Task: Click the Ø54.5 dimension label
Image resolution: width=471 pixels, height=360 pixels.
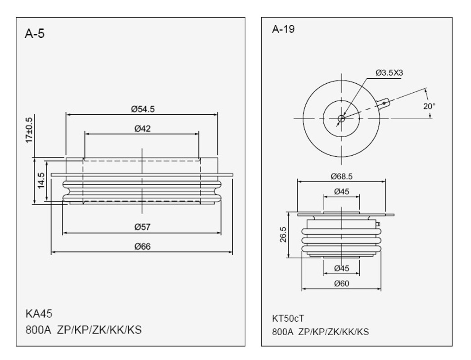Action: point(143,109)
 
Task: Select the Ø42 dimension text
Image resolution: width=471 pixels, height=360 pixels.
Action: point(142,129)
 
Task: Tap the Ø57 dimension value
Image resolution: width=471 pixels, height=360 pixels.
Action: point(142,227)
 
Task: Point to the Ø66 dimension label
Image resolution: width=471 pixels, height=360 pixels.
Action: point(142,247)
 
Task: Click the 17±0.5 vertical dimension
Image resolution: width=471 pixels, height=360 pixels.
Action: point(29,130)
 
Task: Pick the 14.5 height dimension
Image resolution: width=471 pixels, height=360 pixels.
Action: point(41,180)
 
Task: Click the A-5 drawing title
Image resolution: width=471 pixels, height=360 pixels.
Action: point(35,34)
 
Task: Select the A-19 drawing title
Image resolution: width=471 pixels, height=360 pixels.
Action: point(283,29)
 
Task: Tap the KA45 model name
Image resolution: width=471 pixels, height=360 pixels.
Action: point(39,314)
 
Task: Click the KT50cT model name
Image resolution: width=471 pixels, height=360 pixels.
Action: point(288,318)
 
